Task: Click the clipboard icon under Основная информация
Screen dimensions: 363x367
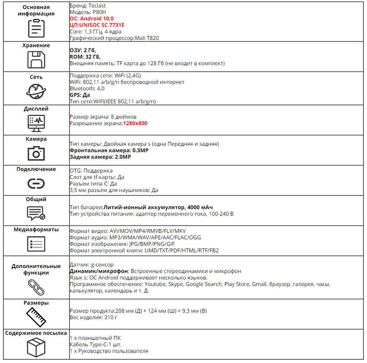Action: (36, 28)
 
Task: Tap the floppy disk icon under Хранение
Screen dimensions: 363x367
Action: (36, 59)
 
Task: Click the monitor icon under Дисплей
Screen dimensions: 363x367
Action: (36, 122)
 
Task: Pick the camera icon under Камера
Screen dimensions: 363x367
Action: (36, 153)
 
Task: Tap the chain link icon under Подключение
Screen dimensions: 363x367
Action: (36, 183)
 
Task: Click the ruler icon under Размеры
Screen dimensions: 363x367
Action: (36, 316)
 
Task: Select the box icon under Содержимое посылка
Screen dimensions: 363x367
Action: (36, 347)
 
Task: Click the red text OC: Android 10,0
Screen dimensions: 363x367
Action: (92, 19)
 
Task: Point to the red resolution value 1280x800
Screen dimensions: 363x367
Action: (135, 123)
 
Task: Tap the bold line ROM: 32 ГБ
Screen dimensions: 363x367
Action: (85, 57)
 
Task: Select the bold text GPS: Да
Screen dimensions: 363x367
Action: (80, 95)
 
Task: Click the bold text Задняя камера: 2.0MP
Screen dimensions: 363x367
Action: (100, 157)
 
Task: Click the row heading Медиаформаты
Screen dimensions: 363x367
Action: (36, 230)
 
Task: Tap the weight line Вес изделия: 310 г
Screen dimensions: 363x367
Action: (92, 317)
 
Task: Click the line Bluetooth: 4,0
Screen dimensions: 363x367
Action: (87, 89)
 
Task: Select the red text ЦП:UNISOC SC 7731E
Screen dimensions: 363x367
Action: (97, 25)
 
